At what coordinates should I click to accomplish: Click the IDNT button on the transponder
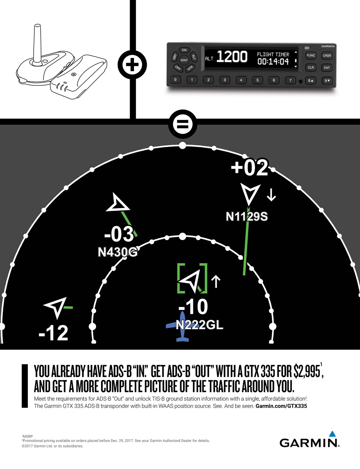point(184,60)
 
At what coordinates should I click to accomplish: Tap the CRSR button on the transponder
point(327,56)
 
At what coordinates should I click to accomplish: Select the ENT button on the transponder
point(327,68)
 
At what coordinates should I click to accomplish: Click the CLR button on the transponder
point(311,68)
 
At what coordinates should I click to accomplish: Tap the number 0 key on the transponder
point(175,80)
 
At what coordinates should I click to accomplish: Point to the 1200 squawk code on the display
point(232,57)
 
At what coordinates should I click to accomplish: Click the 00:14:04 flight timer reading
point(273,62)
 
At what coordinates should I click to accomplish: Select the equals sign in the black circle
point(182,125)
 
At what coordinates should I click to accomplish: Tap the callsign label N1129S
point(246,217)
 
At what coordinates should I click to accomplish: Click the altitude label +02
point(249,168)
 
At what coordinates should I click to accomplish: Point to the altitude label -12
point(53,333)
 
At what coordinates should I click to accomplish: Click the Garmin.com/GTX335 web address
point(281,406)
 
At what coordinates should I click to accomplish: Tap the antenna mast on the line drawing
point(37,44)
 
